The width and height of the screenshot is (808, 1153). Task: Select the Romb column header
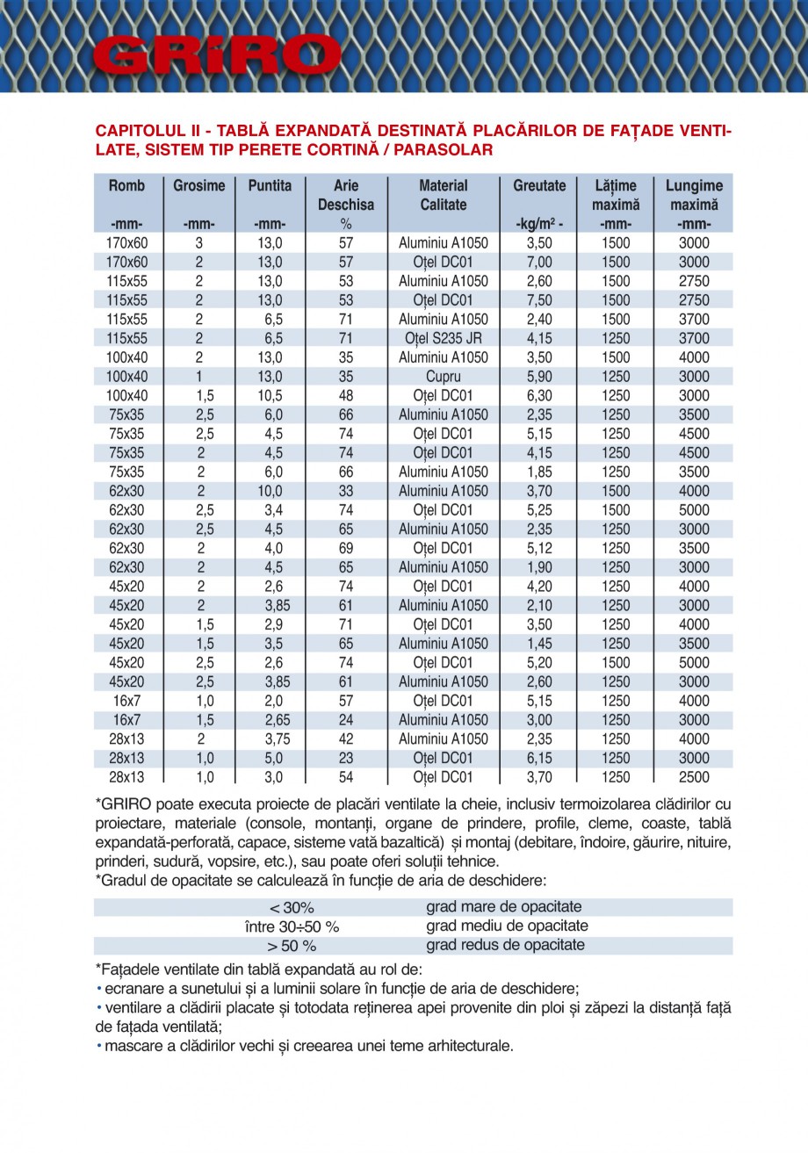127,186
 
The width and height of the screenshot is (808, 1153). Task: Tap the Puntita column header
270,186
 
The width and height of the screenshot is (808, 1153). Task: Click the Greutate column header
538,186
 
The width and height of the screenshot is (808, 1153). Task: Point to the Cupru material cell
444,377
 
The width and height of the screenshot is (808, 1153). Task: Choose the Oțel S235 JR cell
444,339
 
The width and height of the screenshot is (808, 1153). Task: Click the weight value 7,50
538,300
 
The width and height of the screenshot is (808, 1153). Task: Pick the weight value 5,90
538,377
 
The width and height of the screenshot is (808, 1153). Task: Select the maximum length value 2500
694,777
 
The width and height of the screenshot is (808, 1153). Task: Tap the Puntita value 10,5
270,396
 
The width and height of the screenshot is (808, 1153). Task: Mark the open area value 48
345,396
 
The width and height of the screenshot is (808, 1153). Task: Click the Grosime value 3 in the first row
199,243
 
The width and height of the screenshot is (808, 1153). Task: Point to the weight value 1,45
538,644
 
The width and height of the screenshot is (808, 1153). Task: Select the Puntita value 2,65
270,720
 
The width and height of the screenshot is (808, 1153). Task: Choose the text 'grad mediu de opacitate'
507,926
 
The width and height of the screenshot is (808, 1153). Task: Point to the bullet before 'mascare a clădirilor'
98,1047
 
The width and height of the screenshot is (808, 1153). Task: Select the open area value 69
345,549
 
